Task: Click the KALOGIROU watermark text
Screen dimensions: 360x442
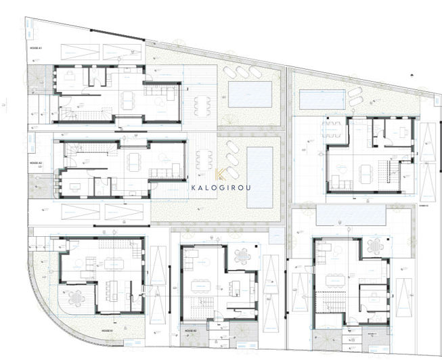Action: pyautogui.click(x=221, y=186)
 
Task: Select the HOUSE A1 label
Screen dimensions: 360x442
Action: pyautogui.click(x=35, y=49)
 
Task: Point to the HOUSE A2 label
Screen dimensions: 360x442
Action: pyautogui.click(x=35, y=163)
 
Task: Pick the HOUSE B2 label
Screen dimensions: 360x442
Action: pyautogui.click(x=190, y=330)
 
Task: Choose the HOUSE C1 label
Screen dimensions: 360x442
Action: pyautogui.click(x=372, y=333)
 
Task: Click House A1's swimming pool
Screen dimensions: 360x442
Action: pyautogui.click(x=249, y=94)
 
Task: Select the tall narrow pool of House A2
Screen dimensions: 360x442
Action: pyautogui.click(x=259, y=177)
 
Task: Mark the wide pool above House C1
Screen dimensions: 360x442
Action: pyautogui.click(x=351, y=216)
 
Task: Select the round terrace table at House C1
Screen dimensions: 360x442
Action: pyautogui.click(x=374, y=247)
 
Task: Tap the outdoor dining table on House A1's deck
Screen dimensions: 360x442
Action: pyautogui.click(x=201, y=106)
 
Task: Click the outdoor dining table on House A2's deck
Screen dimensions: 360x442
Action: pyautogui.click(x=204, y=160)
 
